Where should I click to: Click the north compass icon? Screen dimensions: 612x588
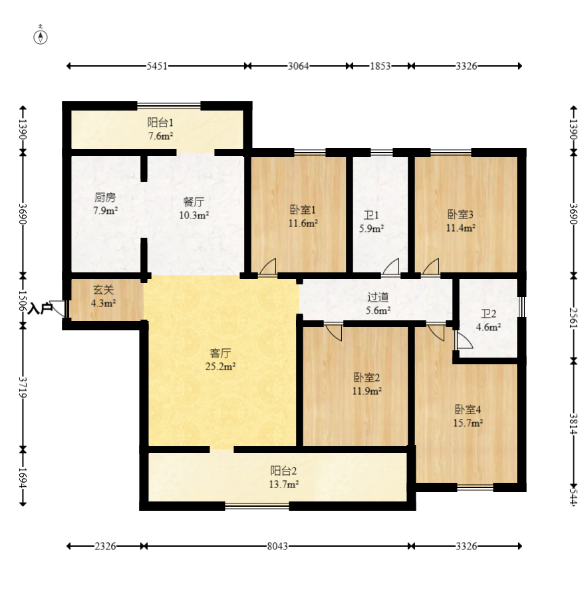pyautogui.click(x=41, y=36)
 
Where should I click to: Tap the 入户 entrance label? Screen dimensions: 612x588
pyautogui.click(x=41, y=308)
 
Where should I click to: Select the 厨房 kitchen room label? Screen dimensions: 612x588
pyautogui.click(x=105, y=198)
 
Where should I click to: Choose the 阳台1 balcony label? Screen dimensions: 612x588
pyautogui.click(x=160, y=123)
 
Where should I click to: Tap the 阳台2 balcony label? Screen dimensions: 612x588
pyautogui.click(x=284, y=471)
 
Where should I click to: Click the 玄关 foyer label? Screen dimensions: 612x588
pyautogui.click(x=103, y=290)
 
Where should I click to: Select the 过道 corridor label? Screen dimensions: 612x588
pyautogui.click(x=378, y=297)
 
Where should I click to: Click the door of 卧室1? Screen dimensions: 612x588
pyautogui.click(x=267, y=266)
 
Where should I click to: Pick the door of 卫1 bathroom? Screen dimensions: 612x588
pyautogui.click(x=390, y=266)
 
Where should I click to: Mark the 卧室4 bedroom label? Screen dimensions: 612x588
pyautogui.click(x=468, y=410)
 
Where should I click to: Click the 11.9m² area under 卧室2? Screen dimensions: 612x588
pyautogui.click(x=367, y=391)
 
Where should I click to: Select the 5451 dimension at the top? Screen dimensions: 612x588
pyautogui.click(x=157, y=66)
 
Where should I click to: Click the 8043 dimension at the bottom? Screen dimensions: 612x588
pyautogui.click(x=277, y=546)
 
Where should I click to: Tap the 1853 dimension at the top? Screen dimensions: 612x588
pyautogui.click(x=379, y=66)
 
